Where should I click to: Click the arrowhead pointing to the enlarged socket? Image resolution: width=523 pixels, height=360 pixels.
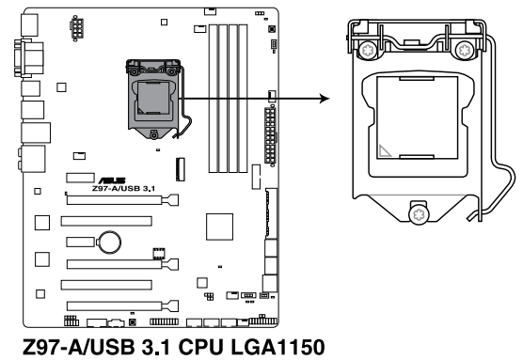[x=327, y=98]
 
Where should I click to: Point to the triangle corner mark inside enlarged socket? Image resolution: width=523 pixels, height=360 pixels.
[x=386, y=149]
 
